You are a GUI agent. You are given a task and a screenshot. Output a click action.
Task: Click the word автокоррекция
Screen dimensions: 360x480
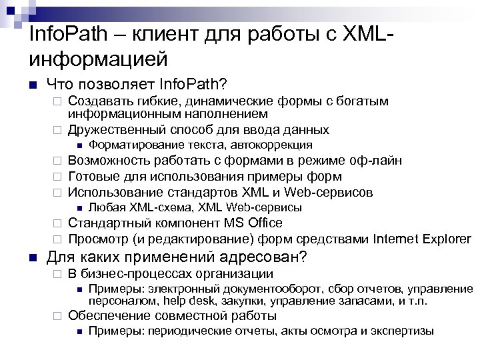tap(274, 145)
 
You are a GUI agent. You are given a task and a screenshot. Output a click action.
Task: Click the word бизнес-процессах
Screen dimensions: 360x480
tap(132, 274)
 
